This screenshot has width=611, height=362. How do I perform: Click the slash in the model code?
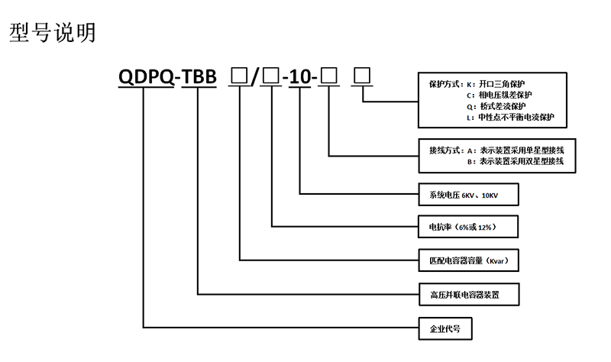coord(255,76)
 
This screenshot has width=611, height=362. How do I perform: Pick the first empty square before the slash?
coord(239,76)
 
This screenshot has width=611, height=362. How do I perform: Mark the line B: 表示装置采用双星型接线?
coord(515,162)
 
